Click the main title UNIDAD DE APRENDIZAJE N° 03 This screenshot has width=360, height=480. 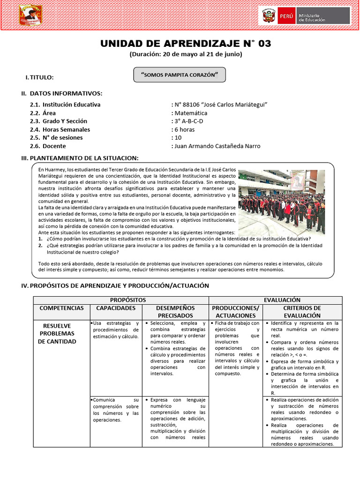(186, 44)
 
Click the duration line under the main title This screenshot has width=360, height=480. (186, 54)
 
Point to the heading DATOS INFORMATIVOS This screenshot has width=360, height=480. (66, 94)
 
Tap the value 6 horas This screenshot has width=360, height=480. (184, 129)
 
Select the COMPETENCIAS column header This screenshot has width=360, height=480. (61, 308)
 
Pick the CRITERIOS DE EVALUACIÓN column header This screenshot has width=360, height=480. (302, 312)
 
